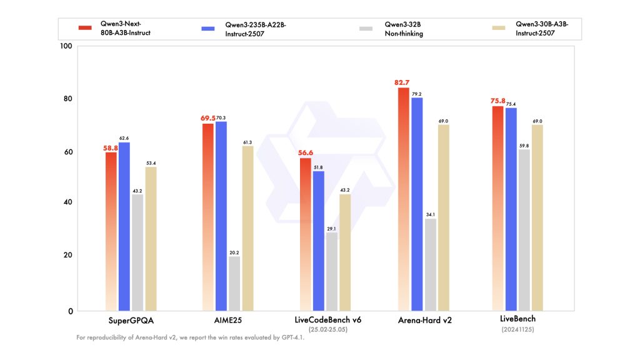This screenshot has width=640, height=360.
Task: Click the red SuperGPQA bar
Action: coord(111,231)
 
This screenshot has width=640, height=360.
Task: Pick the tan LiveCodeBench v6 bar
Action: coord(345,252)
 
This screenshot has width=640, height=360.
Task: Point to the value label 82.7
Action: coord(403,82)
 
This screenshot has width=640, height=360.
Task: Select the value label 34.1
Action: coord(431,214)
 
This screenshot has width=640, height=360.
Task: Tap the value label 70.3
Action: coord(221,117)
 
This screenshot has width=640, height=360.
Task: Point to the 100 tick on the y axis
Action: coord(65,46)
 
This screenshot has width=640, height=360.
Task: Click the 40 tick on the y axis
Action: coord(67,202)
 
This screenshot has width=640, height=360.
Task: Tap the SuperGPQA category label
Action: coord(124,320)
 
